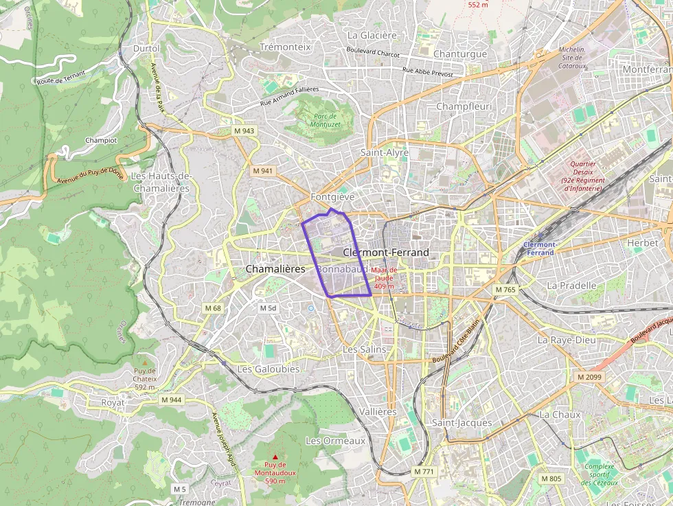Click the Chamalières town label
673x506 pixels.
click(x=275, y=269)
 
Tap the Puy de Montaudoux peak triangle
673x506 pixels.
click(x=275, y=457)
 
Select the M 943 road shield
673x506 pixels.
click(x=244, y=130)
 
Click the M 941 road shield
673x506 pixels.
click(x=262, y=170)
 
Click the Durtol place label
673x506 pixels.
click(x=146, y=48)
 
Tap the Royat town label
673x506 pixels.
click(x=113, y=402)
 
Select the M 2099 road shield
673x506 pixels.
click(x=589, y=377)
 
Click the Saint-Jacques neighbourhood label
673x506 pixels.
click(x=462, y=422)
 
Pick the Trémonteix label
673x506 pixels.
click(x=286, y=47)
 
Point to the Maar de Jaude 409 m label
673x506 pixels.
click(x=384, y=278)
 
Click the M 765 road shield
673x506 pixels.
click(x=505, y=290)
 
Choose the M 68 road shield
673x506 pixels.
click(x=213, y=308)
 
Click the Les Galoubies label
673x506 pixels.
click(x=268, y=369)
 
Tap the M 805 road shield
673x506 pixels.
click(x=551, y=479)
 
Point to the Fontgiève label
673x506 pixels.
click(x=332, y=196)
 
